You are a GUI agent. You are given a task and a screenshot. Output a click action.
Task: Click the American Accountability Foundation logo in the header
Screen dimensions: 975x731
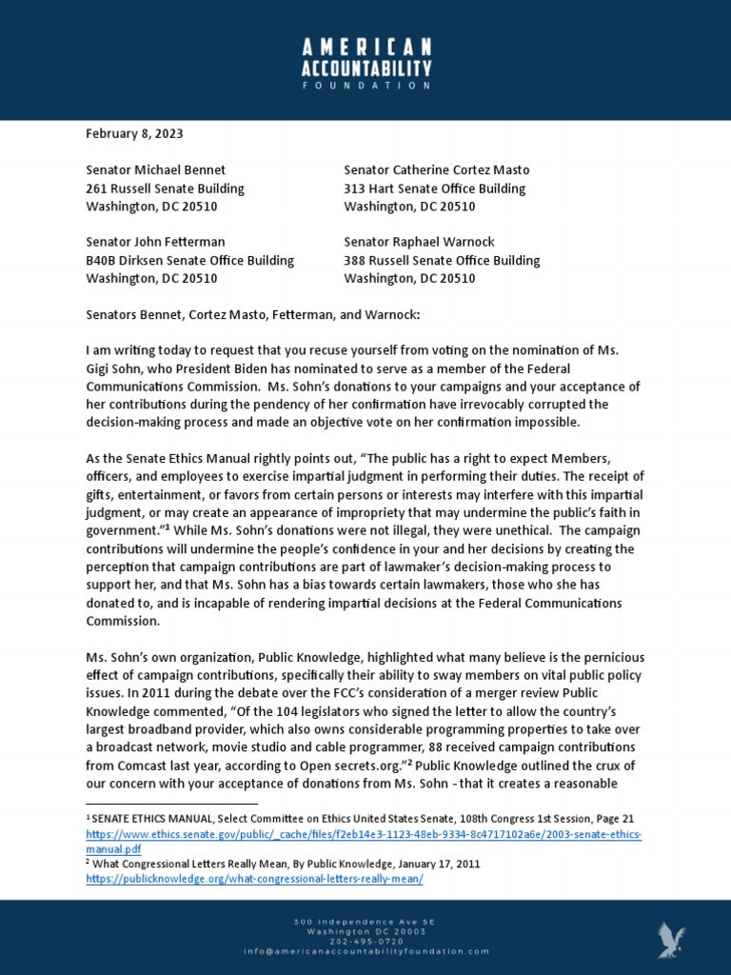tap(365, 64)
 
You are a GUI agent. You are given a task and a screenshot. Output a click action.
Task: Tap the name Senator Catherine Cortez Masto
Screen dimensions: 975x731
tap(436, 169)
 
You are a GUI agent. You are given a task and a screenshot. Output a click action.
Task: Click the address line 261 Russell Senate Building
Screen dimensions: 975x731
tap(165, 189)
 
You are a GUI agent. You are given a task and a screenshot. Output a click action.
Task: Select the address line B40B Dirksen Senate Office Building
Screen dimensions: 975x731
tap(189, 260)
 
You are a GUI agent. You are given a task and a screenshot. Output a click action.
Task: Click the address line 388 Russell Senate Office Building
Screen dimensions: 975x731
tap(442, 260)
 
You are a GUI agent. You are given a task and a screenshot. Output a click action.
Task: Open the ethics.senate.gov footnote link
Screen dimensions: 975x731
tap(364, 834)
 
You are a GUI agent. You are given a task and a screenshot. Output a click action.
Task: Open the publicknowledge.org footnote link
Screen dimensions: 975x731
tap(254, 879)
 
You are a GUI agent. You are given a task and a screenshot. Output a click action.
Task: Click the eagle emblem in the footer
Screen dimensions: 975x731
tap(672, 939)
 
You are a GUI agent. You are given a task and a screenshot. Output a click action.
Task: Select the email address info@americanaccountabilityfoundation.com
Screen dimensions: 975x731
tap(365, 951)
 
